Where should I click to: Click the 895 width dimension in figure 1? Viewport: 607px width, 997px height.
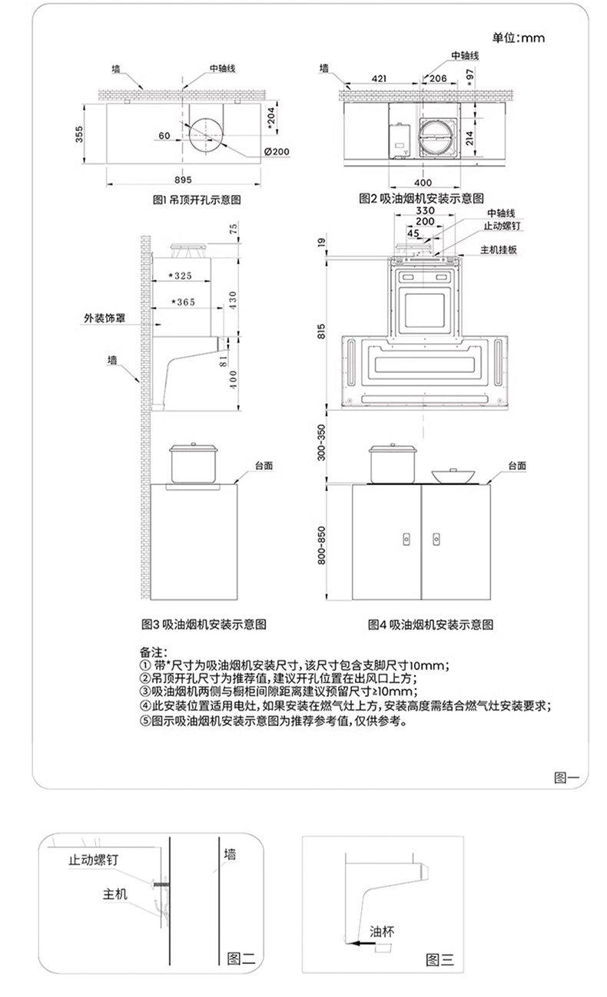(x=182, y=180)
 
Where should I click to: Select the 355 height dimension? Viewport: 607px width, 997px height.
(x=80, y=134)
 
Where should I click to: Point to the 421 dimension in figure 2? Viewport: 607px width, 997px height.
(x=378, y=78)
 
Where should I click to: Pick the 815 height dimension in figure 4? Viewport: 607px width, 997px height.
(x=322, y=331)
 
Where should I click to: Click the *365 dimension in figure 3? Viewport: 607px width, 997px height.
(x=182, y=302)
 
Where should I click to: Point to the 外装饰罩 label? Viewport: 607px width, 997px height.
(x=104, y=317)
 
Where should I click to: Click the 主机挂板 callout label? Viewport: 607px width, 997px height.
(x=498, y=250)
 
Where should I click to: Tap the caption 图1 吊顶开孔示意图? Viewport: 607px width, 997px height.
(x=198, y=200)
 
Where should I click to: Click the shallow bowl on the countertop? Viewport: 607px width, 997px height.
(x=450, y=476)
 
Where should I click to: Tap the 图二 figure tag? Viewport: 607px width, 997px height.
(x=241, y=959)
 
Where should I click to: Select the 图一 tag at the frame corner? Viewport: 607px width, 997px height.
(x=566, y=777)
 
